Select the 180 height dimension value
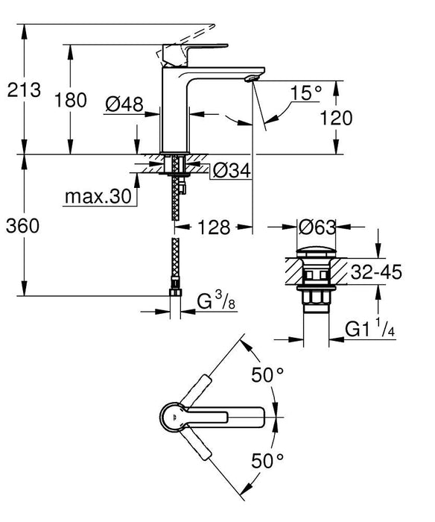(72, 100)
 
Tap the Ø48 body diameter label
(124, 106)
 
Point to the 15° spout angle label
(305, 93)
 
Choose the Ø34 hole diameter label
(229, 171)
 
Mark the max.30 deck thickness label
(96, 197)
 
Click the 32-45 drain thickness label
(377, 272)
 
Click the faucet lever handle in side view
(186, 51)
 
